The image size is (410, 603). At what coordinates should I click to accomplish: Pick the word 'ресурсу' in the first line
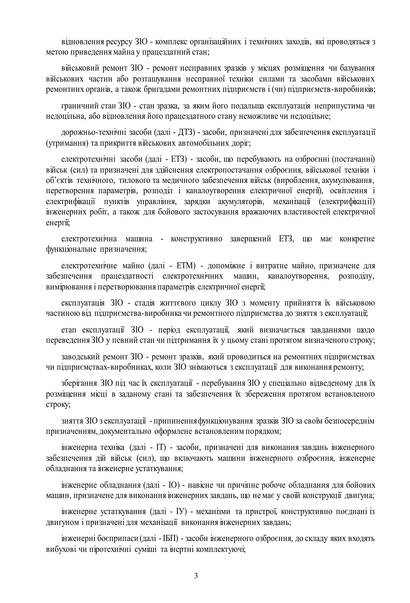pos(119,42)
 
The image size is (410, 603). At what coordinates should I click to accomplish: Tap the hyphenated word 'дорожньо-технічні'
pos(94,133)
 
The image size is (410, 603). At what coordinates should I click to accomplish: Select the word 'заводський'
pos(80,357)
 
